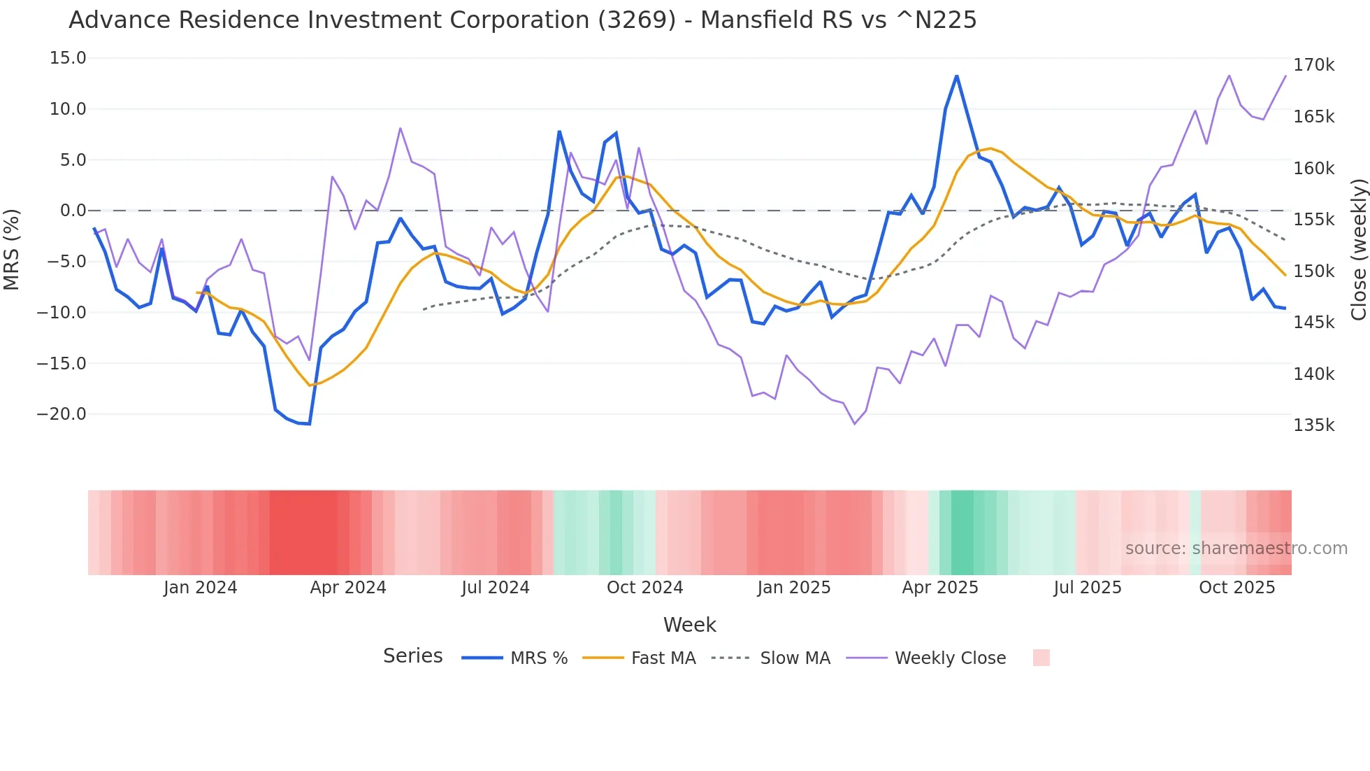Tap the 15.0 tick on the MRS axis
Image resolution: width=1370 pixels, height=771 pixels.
[68, 58]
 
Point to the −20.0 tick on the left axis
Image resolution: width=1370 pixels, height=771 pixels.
[62, 414]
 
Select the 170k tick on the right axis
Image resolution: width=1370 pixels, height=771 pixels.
[1313, 65]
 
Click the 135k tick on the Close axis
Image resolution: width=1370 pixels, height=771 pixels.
[1313, 425]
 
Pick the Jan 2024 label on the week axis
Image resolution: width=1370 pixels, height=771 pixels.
[201, 588]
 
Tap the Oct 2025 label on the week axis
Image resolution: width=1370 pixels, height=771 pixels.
[1236, 588]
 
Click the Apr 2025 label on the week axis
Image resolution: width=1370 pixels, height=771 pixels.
[940, 588]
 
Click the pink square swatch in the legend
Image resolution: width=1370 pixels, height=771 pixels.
[1041, 658]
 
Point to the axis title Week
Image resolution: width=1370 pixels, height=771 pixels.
[689, 625]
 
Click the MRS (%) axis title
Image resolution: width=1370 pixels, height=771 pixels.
[12, 250]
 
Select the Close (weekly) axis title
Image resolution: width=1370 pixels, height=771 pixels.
[1358, 250]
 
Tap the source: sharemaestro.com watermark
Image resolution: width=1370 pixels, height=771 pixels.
[1236, 549]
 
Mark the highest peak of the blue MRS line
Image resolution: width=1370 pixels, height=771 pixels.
[957, 76]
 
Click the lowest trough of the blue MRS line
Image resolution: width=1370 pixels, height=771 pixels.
[309, 424]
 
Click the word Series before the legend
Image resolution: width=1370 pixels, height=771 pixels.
[412, 656]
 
